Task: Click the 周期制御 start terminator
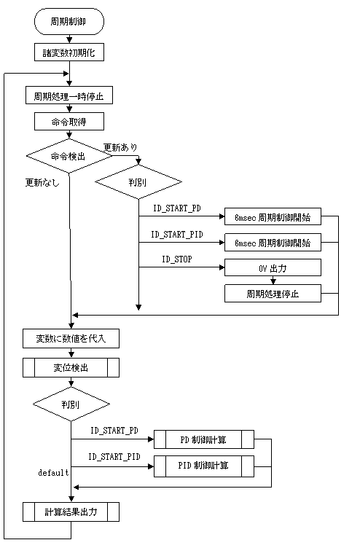69,22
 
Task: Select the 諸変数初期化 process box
69,52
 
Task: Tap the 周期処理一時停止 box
69,95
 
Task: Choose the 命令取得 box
69,122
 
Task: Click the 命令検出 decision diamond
69,156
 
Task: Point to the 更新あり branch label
120,147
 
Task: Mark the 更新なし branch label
42,182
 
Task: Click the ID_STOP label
177,259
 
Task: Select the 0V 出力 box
273,267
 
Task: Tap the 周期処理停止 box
273,294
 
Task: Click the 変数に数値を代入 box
71,338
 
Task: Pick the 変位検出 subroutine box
71,367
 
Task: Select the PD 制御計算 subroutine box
204,439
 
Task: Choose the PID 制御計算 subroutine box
204,465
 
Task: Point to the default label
53,472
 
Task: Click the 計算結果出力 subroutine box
71,512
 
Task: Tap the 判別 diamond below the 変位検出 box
71,404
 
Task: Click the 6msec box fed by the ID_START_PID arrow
273,242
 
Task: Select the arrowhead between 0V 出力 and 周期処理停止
273,281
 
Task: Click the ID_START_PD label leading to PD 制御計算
114,430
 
